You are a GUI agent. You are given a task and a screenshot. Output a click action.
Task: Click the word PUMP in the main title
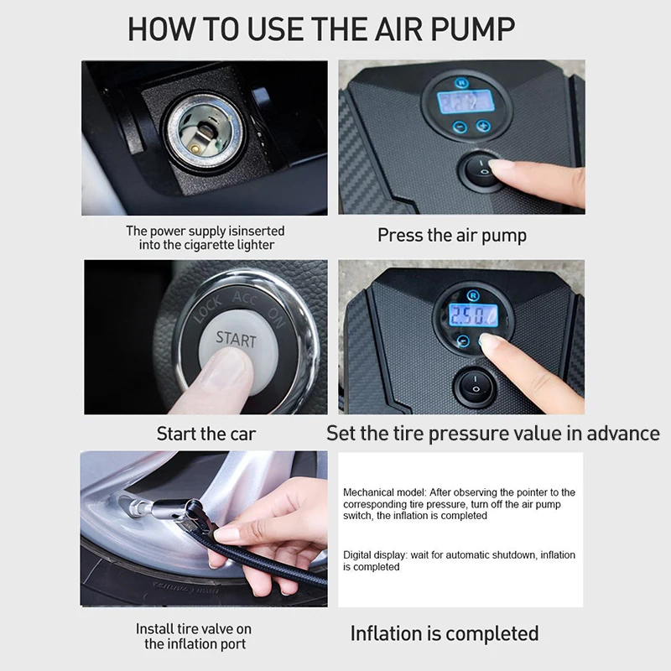[x=472, y=29]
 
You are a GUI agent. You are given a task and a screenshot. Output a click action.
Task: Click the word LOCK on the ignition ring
[x=208, y=309]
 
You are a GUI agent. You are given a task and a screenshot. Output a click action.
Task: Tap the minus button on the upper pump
[x=460, y=127]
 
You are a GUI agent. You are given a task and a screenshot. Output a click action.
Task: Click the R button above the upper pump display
[x=461, y=82]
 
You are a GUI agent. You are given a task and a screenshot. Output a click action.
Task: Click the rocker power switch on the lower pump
[x=475, y=388]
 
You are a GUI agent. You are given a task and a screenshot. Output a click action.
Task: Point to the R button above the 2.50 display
[x=472, y=295]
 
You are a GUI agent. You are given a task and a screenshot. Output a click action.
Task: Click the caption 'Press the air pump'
[x=452, y=236]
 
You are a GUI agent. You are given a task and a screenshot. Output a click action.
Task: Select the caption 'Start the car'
[x=206, y=434]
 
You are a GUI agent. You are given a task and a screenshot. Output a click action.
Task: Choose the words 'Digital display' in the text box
[x=375, y=555]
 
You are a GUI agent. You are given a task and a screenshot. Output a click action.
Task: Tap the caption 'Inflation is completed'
[x=445, y=634]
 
